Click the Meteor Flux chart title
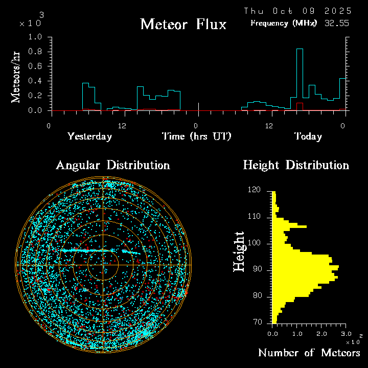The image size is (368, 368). (x=183, y=24)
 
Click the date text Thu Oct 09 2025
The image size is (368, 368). (x=297, y=11)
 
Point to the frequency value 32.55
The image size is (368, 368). (x=337, y=23)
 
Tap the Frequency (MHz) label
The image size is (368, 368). (x=284, y=23)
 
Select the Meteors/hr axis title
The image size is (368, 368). (x=16, y=77)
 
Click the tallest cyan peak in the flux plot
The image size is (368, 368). (x=300, y=49)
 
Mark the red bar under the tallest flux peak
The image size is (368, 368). (x=300, y=106)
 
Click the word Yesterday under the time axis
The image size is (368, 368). (x=89, y=136)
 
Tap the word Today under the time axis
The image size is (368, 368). (x=308, y=136)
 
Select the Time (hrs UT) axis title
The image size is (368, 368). (x=197, y=136)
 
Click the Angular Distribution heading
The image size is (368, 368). (x=113, y=165)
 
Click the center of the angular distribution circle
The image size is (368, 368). (x=103, y=265)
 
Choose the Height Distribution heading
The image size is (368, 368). (x=296, y=165)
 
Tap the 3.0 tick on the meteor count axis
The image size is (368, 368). (x=346, y=333)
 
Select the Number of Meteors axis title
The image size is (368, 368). (x=309, y=353)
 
